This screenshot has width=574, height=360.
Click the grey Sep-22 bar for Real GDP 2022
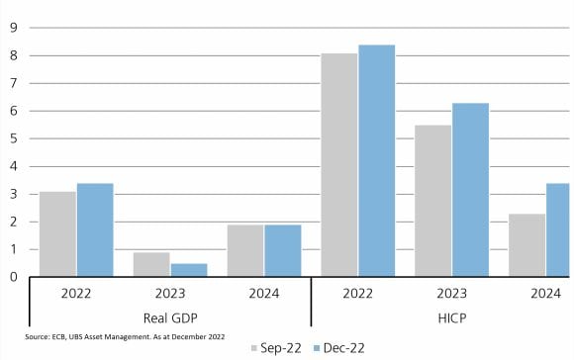pos(57,233)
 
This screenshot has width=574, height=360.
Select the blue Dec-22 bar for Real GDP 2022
pos(95,229)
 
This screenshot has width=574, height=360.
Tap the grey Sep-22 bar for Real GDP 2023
pos(151,264)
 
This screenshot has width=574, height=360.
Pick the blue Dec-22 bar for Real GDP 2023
pos(189,270)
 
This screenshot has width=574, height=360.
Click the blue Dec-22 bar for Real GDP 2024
pos(283,250)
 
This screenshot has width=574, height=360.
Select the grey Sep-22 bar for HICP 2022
pos(339,164)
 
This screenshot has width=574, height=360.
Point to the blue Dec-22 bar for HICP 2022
pos(377,160)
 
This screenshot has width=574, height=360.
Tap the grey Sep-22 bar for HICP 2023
pos(433,201)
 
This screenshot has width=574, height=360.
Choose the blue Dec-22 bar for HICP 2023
pos(471,190)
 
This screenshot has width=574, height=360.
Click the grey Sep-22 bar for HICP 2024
pos(527,245)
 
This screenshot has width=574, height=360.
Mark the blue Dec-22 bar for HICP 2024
pos(558,229)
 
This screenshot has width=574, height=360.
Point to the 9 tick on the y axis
pos(14,28)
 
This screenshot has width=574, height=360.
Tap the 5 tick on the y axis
pos(14,138)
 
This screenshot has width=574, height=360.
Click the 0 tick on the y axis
pos(14,277)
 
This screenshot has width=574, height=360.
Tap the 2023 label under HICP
pos(451,294)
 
